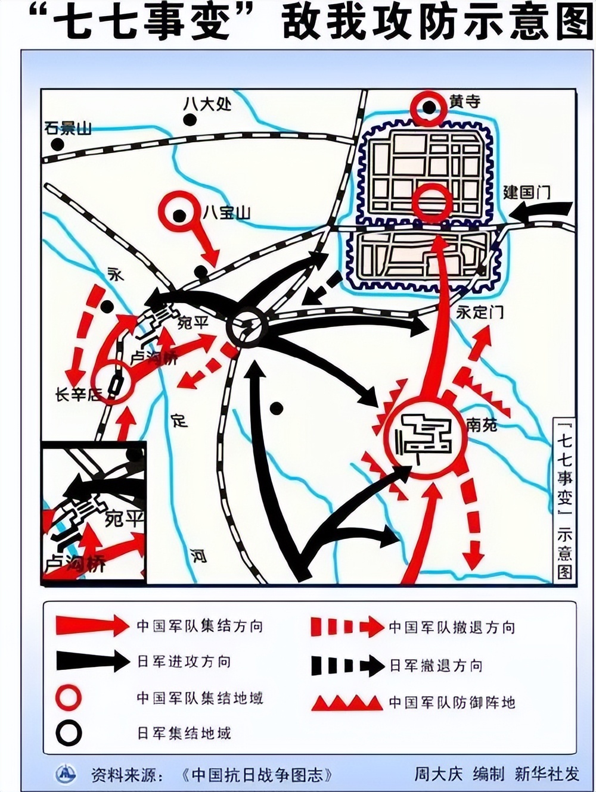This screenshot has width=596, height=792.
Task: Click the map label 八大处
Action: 207,104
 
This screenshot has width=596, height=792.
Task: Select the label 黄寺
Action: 465,102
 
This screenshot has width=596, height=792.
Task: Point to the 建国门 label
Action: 526,192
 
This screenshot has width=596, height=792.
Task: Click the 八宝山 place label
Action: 226,213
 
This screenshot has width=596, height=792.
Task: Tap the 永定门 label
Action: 480,312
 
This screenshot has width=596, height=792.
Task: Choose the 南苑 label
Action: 482,424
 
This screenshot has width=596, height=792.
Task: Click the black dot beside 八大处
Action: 190,120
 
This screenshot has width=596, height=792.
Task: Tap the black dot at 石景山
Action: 57,144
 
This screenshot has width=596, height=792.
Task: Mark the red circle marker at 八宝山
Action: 179,215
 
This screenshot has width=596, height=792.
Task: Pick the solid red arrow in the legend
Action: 92,625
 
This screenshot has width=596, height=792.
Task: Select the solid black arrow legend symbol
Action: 92,661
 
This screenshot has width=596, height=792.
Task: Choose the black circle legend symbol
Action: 69,733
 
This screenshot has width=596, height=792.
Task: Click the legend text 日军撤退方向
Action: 436,666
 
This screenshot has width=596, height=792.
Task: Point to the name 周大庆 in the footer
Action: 439,774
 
